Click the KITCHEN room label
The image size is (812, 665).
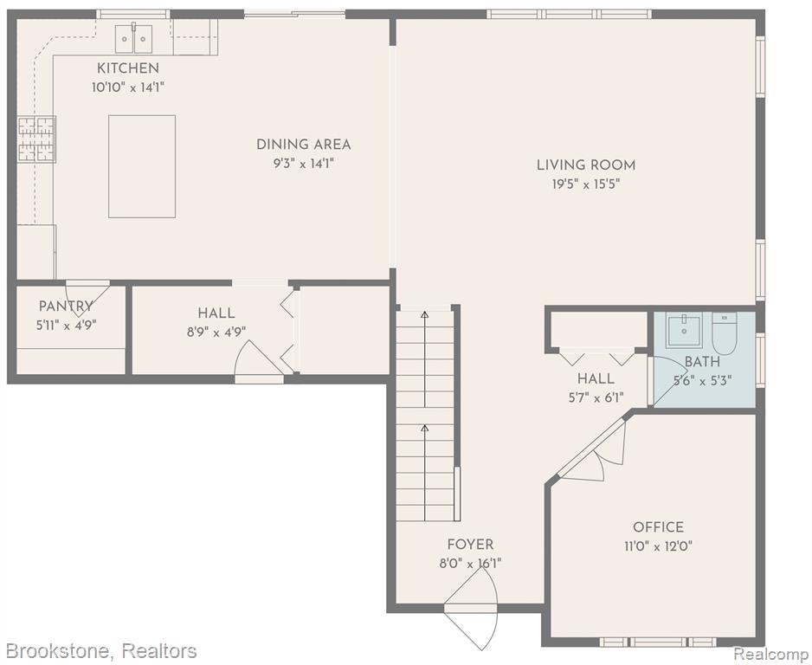coord(128,68)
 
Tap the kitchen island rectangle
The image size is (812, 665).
coord(142,166)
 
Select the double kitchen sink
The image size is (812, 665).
coord(133,38)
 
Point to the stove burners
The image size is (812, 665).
coord(36,139)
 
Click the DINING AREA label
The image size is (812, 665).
coord(304,145)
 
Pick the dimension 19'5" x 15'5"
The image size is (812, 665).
coord(586,184)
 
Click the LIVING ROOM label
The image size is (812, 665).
coord(586,165)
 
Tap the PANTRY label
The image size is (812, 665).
coord(66,307)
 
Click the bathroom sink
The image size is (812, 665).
coord(684,331)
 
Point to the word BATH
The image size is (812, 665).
coord(702,362)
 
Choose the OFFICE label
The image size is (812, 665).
coord(658,527)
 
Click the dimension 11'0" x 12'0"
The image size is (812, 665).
coord(658,546)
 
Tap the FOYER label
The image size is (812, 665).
coord(470,545)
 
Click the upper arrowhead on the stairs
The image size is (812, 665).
coord(425,313)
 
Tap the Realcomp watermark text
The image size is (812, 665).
coord(771,652)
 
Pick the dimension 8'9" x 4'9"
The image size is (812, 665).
coord(216,332)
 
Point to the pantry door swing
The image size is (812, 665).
coord(83,299)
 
